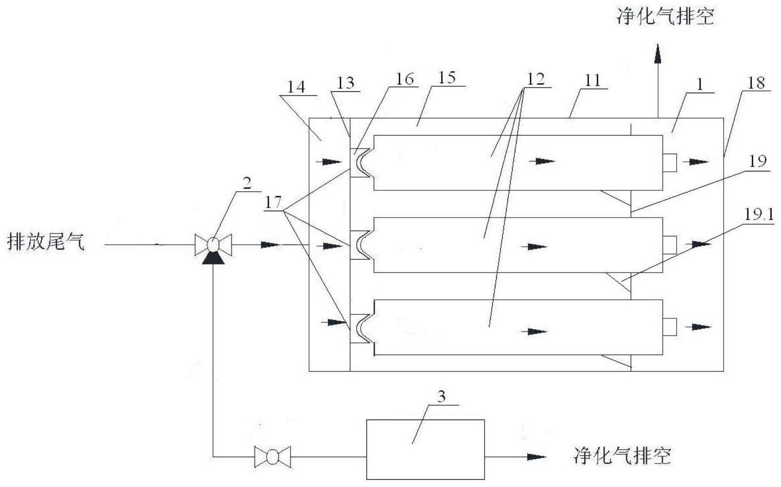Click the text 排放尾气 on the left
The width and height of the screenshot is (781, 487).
46,242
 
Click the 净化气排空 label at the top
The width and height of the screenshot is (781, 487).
665,17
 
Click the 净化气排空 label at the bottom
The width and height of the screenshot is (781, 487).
622,455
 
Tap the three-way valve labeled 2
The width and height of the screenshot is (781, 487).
213,246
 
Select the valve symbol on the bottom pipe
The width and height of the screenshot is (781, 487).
272,457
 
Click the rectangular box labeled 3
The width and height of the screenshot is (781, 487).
425,449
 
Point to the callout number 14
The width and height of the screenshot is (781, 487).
296,87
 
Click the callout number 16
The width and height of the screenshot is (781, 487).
405,80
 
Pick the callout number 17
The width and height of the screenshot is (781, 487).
273,203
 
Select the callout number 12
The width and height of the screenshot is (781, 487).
536,80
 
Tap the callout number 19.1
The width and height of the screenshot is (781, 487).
759,214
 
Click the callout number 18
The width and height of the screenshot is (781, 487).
756,83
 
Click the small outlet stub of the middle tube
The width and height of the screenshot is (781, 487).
669,245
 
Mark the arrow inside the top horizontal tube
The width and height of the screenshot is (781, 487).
544,161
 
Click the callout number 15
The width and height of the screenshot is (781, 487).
447,78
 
